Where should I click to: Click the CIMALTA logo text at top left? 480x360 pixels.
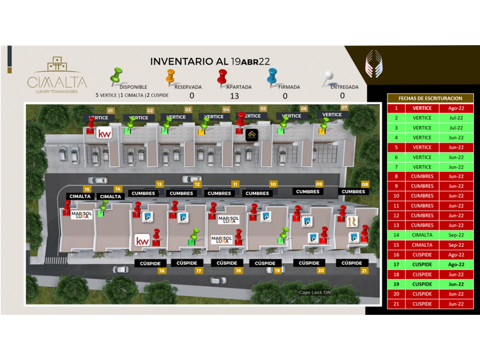[57, 82]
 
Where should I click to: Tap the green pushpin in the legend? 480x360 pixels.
[117, 75]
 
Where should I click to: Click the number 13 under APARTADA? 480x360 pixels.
[234, 96]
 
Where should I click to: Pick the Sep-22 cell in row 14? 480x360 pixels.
[456, 235]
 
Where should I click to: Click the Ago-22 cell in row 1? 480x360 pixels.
[456, 108]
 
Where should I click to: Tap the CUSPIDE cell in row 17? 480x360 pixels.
[422, 265]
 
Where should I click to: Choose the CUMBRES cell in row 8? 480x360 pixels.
[422, 177]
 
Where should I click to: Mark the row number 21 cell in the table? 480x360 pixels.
[395, 304]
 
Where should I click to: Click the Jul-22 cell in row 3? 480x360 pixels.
[456, 128]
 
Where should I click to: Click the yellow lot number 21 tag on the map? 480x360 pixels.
[364, 271]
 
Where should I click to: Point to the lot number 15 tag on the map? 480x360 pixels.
[87, 189]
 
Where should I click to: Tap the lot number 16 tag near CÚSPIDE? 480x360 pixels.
[162, 271]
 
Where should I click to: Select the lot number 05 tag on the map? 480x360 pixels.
[263, 108]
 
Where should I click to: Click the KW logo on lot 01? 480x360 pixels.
[104, 134]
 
